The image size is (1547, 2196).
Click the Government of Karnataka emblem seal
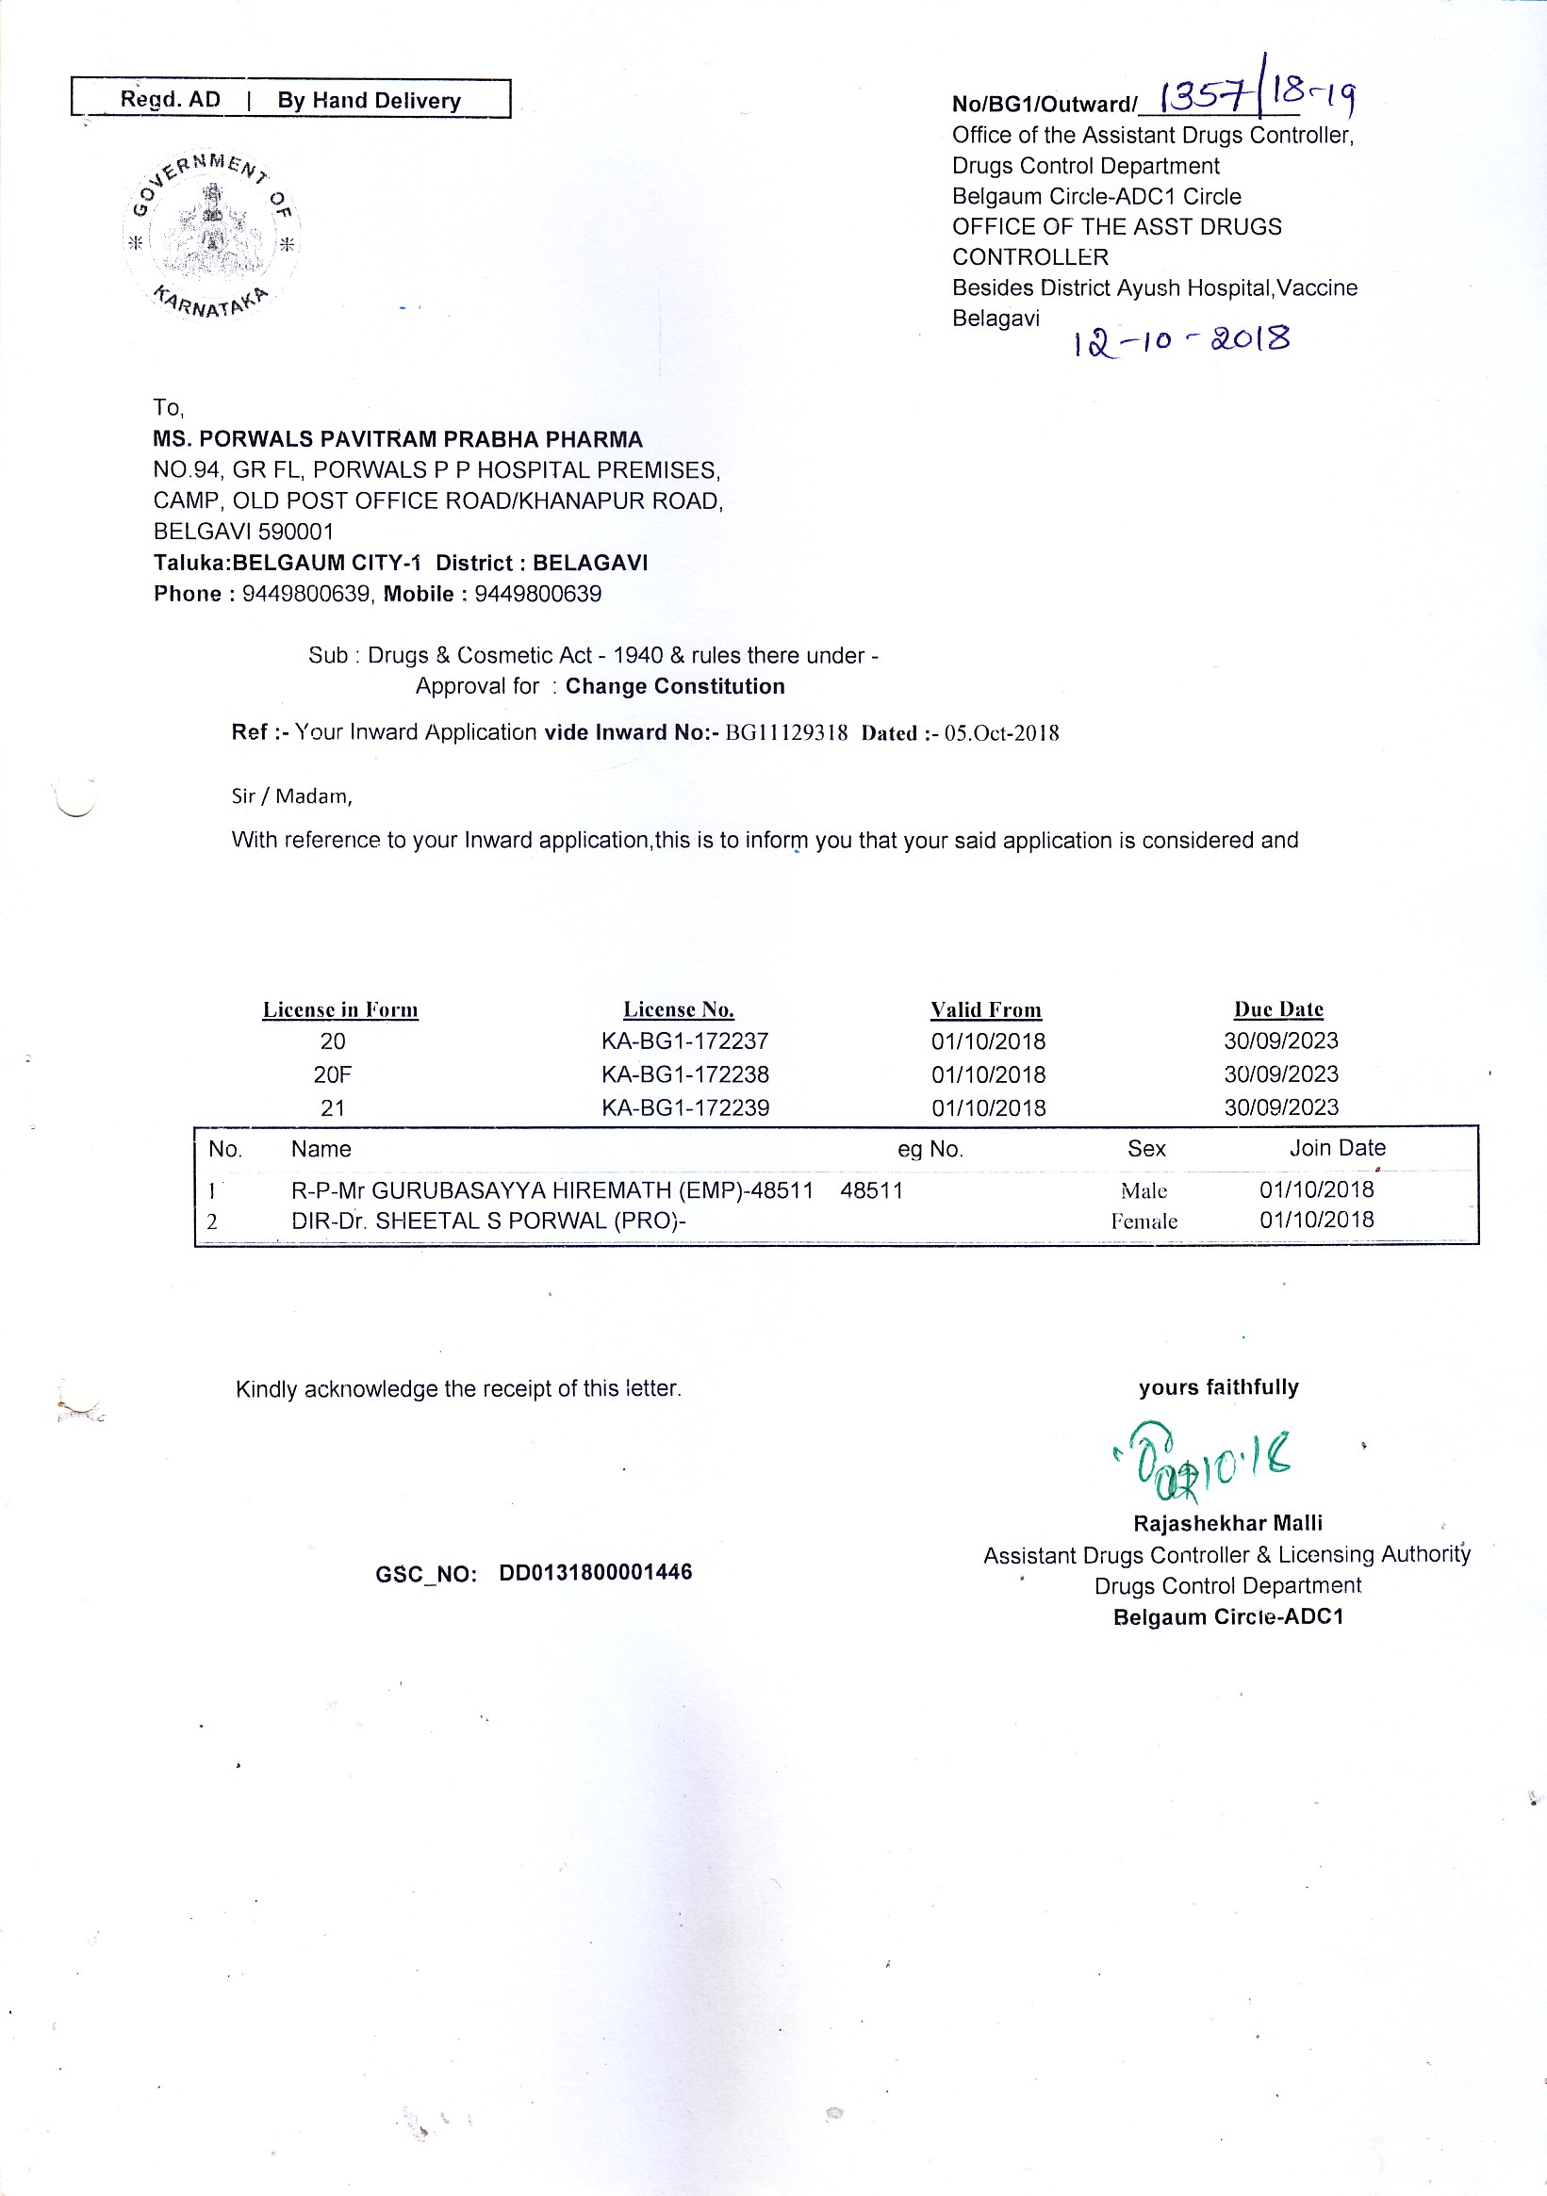(211, 235)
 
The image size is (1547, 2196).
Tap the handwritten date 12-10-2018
(1181, 340)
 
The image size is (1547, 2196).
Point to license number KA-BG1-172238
(685, 1074)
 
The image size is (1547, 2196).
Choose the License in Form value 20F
(332, 1075)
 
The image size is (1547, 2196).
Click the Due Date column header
(1278, 1010)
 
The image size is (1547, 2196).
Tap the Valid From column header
(985, 1010)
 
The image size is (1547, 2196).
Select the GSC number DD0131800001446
(595, 1572)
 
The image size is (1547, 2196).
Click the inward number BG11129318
(785, 733)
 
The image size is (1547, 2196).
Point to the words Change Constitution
(674, 686)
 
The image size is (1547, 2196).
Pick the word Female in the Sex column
(1144, 1221)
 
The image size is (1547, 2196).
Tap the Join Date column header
(1337, 1148)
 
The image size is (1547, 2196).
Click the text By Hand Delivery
(370, 101)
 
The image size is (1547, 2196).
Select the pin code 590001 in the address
(296, 532)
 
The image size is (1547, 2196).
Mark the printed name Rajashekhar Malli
(1227, 1523)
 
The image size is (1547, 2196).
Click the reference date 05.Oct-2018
(1002, 733)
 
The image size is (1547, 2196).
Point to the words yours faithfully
(1218, 1387)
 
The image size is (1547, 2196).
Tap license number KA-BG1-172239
(685, 1107)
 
